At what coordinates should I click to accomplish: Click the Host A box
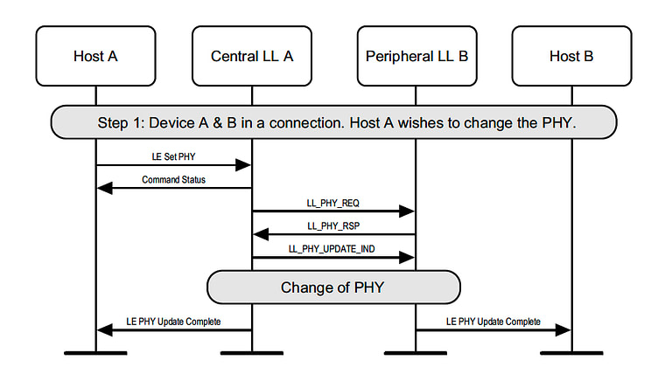click(x=95, y=56)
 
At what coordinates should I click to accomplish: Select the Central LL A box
click(x=252, y=56)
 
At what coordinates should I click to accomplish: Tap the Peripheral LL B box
click(x=415, y=56)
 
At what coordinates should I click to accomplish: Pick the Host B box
click(x=571, y=56)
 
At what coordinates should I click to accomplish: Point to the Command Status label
click(x=172, y=179)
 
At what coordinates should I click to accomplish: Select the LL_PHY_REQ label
click(x=333, y=203)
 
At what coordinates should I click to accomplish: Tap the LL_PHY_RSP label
click(x=333, y=225)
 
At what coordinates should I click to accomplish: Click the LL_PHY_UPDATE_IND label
click(x=333, y=249)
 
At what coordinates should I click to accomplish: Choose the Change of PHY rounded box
click(x=333, y=287)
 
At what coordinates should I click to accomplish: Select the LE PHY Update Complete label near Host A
click(x=174, y=322)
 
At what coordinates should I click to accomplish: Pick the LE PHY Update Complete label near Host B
click(x=493, y=322)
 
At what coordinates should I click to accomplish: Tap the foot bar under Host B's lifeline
click(x=571, y=353)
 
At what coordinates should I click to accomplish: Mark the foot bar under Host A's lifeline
click(x=95, y=353)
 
